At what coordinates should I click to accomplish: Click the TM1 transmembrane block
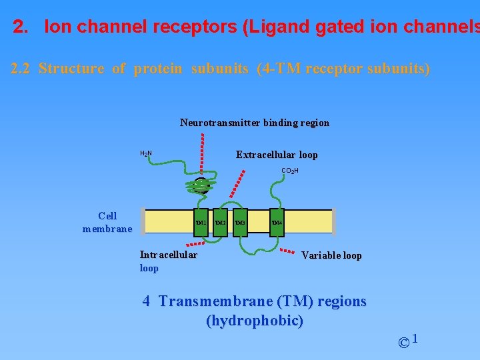[200, 223]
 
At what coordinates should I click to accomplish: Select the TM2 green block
[220, 223]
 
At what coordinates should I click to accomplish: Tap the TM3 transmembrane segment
[240, 223]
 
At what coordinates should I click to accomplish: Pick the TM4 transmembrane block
[277, 223]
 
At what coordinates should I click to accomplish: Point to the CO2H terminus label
[289, 171]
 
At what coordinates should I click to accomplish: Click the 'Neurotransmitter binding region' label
[254, 123]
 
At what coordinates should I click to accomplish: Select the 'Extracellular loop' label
[277, 155]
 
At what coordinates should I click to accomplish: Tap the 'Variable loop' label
[331, 255]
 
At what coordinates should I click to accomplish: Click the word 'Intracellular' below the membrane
[169, 254]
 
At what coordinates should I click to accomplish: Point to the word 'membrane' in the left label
[107, 229]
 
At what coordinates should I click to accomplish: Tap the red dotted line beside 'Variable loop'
[287, 251]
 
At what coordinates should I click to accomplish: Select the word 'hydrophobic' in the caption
[255, 321]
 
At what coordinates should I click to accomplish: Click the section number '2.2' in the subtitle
[21, 69]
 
